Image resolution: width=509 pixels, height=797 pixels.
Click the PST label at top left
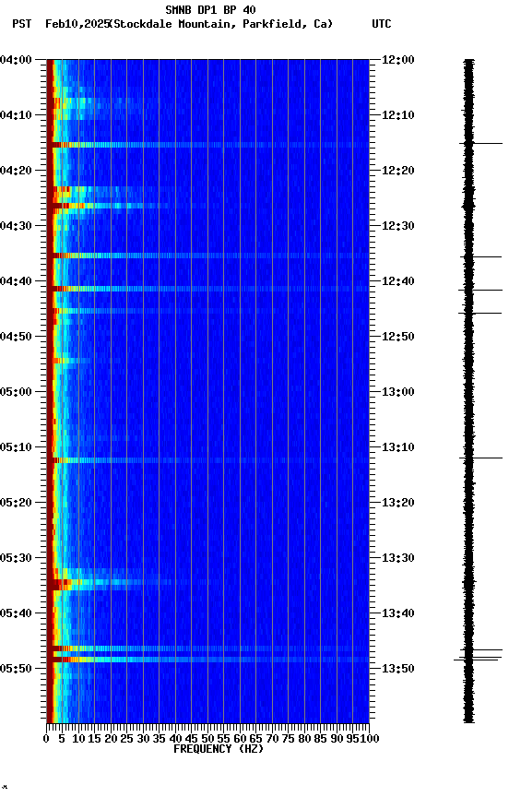(22, 24)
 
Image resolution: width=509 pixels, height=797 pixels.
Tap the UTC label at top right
(382, 24)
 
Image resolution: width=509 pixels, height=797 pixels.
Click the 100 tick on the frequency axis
(370, 738)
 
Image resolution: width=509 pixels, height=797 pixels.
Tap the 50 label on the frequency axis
(207, 738)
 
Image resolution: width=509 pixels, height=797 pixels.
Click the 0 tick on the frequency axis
(46, 738)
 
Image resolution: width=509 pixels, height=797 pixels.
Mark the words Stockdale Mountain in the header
(174, 24)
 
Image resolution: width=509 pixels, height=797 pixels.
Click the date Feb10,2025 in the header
(76, 24)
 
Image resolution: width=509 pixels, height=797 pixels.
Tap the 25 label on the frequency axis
(127, 738)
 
